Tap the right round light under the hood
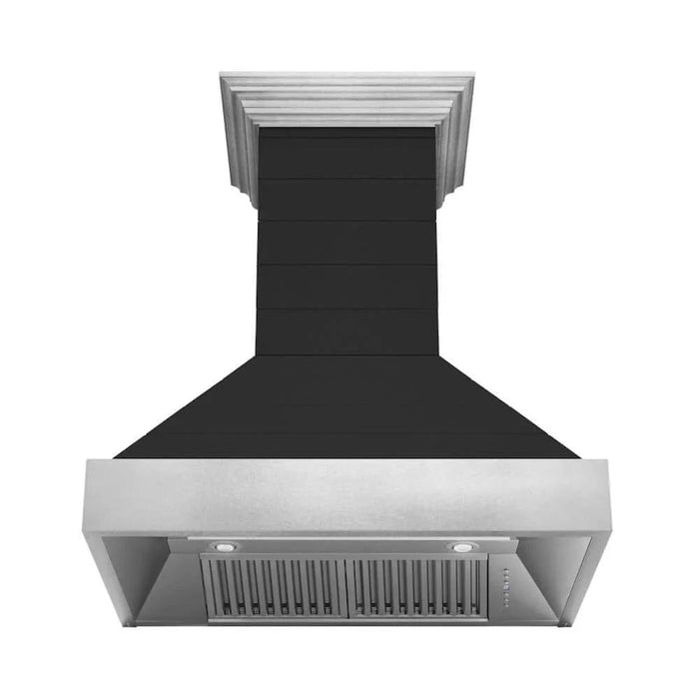pos(460,547)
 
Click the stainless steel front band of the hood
pos(347,495)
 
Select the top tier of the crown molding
pos(347,78)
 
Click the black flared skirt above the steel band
pos(347,409)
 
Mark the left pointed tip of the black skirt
pos(118,456)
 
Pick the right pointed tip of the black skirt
pos(576,456)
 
